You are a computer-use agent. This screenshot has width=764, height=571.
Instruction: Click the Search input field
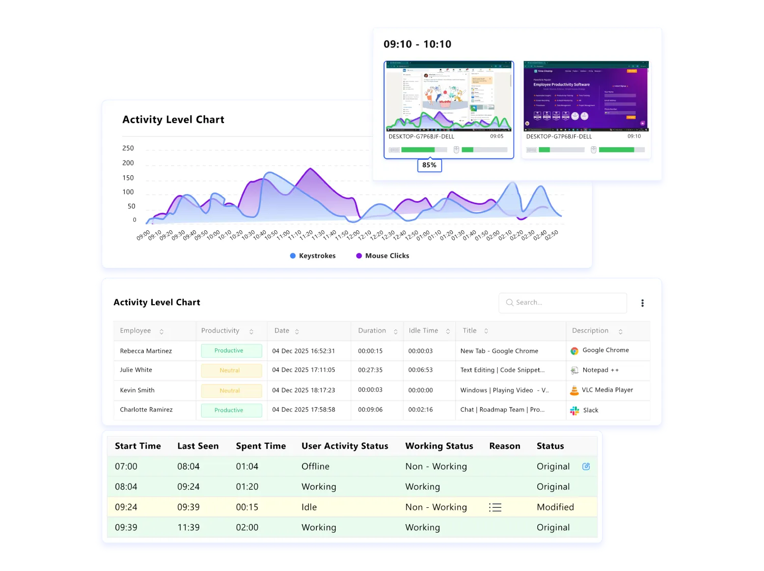point(563,303)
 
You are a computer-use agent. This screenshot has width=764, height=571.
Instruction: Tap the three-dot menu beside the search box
point(642,303)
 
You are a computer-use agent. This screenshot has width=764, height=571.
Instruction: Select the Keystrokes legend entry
point(313,256)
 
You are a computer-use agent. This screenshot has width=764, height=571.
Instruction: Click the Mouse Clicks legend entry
point(383,256)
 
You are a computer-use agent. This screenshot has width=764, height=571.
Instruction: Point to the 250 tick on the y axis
point(128,148)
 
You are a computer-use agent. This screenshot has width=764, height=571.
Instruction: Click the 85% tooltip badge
point(429,165)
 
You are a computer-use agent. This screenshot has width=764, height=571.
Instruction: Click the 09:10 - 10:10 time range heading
point(417,44)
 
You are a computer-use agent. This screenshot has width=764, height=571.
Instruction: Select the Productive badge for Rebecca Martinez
point(231,350)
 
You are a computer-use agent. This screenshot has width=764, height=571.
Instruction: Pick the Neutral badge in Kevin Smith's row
point(231,391)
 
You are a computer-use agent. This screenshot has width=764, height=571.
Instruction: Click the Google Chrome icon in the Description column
point(574,351)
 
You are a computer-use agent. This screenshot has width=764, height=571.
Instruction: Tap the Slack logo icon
point(575,411)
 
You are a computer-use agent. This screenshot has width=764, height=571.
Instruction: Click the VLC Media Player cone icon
point(574,391)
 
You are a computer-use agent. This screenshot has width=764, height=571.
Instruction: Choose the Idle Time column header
point(423,331)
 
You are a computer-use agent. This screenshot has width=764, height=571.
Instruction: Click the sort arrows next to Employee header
point(161,332)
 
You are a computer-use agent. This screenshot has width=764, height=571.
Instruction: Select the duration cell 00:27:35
point(370,370)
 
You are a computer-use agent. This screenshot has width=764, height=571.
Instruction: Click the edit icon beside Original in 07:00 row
point(586,466)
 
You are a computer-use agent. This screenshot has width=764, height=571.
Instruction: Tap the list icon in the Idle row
point(495,507)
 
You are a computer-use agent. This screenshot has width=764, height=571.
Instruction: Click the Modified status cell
point(555,507)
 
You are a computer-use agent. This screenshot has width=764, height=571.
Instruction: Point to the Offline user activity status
point(315,467)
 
